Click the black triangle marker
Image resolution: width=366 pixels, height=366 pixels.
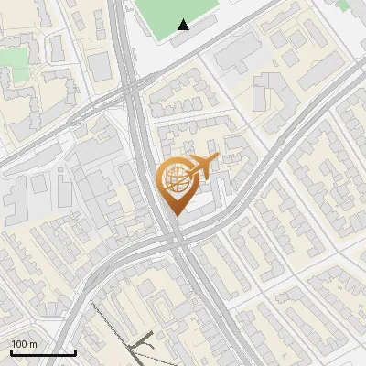click(x=184, y=25)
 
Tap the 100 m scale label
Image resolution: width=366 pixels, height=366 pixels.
click(x=24, y=344)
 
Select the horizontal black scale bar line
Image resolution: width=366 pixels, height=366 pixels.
click(x=43, y=352)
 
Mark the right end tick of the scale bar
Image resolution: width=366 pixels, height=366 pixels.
click(x=75, y=350)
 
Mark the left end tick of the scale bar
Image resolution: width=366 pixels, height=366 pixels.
click(x=11, y=350)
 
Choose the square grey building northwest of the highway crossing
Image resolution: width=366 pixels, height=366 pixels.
click(x=98, y=66)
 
